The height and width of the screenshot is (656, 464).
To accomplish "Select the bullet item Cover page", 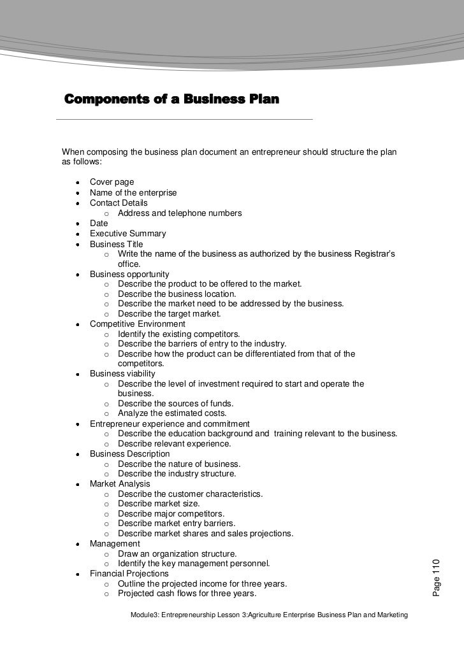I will tap(112, 182).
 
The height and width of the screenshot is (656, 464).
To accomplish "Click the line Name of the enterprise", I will tap(133, 192).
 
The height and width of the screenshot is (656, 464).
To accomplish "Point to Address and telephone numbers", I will tap(180, 213).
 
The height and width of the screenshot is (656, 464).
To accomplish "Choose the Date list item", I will tap(99, 223).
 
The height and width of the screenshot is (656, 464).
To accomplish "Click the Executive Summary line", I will tap(127, 234).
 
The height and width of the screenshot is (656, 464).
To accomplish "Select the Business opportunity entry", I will tap(129, 275).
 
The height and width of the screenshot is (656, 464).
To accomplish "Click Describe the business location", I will tap(177, 294).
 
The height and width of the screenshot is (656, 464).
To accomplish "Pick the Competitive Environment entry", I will tap(138, 324).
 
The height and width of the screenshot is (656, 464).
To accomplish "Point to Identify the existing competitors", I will tap(179, 334).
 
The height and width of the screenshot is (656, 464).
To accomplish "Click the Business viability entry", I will tap(122, 374).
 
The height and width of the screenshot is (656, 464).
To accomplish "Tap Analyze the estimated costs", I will tap(172, 413).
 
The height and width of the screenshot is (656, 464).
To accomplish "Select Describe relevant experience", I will tap(175, 443).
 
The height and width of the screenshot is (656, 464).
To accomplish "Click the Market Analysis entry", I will tap(120, 484).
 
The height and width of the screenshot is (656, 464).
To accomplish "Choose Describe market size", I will tap(159, 503).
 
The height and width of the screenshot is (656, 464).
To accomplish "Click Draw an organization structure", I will tap(177, 553).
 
